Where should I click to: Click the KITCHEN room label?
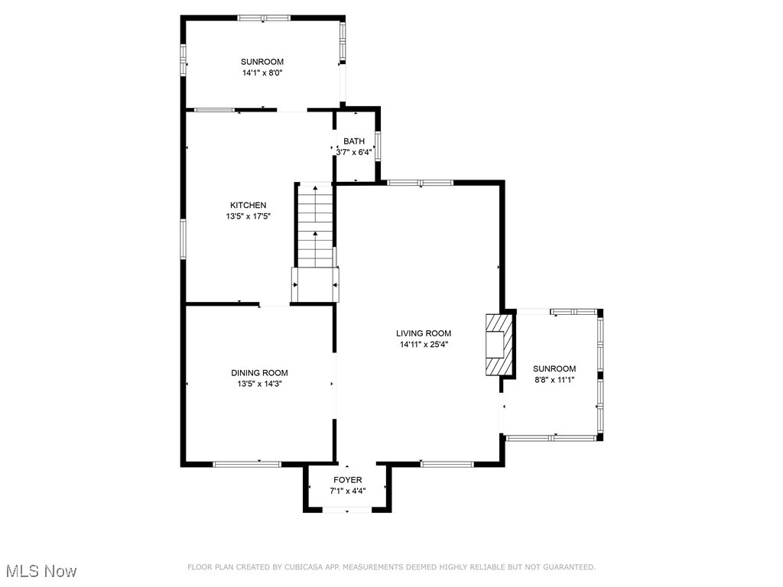coord(249,205)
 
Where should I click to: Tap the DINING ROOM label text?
coord(259,373)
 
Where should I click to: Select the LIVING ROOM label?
coord(423,333)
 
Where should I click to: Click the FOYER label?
coord(347,480)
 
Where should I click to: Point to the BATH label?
coord(354,141)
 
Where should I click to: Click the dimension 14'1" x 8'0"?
coord(262,73)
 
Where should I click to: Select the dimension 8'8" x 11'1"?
coord(554,380)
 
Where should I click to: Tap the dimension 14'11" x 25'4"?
coord(423,345)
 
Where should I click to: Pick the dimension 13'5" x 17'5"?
coord(249,216)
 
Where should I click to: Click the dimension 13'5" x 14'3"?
coord(259,384)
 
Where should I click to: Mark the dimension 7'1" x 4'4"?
coord(347,491)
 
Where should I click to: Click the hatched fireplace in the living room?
coord(498,344)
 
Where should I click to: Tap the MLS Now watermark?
coord(41,571)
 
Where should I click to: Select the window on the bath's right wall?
coord(378,148)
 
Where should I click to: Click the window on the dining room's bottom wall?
coord(247,464)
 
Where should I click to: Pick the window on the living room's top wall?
coord(420,183)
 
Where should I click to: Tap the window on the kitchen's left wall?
coord(183,238)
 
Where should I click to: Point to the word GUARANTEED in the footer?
coord(570,567)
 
